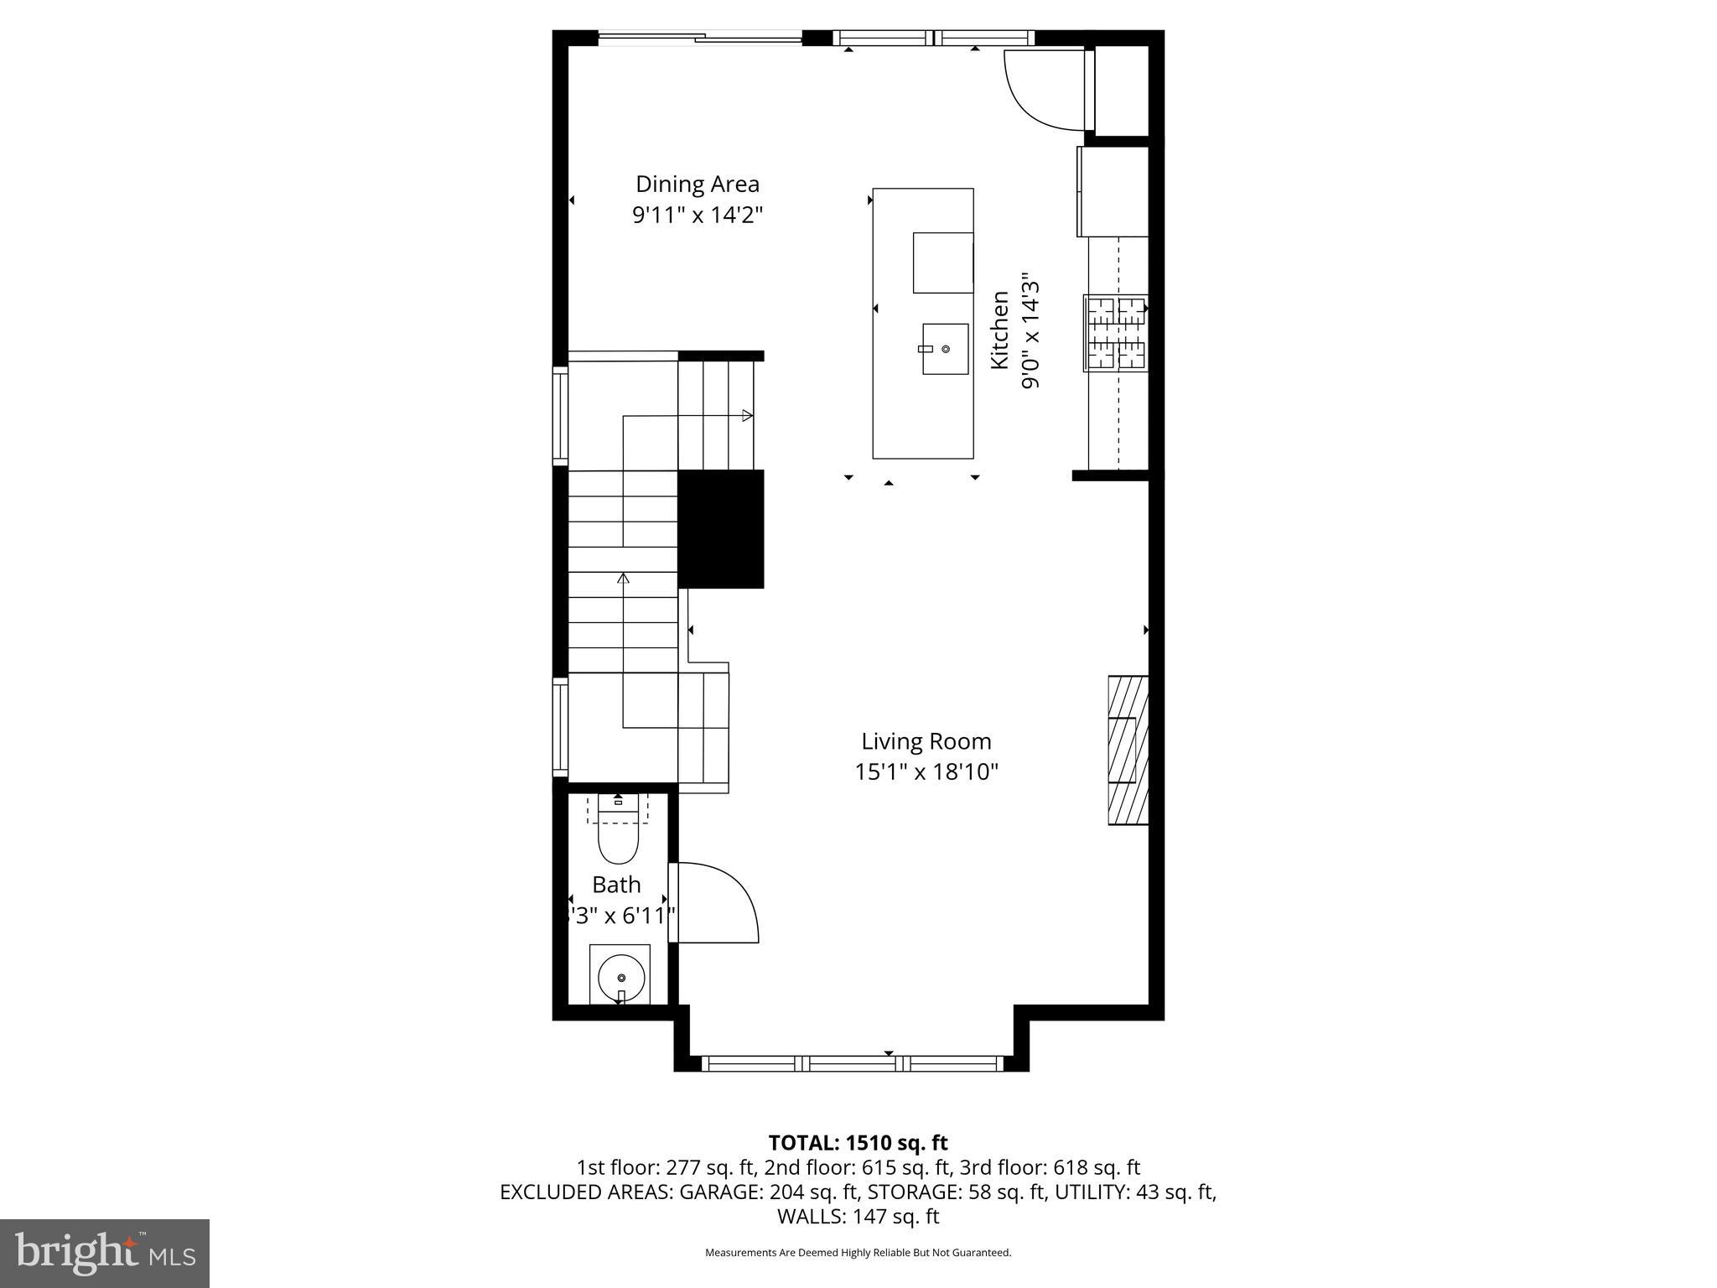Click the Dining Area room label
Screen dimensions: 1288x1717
click(697, 184)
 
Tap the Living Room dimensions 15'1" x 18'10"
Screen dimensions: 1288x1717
click(926, 771)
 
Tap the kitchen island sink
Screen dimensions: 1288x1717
click(945, 349)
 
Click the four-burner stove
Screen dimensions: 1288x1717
click(1115, 333)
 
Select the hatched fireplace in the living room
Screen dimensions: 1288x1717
click(1128, 750)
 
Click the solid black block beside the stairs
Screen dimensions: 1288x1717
click(720, 528)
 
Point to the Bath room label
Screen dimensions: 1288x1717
click(616, 885)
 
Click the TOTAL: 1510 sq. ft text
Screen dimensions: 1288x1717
click(858, 1143)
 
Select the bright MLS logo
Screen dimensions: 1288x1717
click(105, 1254)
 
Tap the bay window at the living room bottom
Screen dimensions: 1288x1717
click(851, 1063)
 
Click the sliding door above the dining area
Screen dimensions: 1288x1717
click(700, 37)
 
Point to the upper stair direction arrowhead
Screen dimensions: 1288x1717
click(746, 415)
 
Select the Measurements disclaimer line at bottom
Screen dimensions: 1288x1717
click(858, 1253)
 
